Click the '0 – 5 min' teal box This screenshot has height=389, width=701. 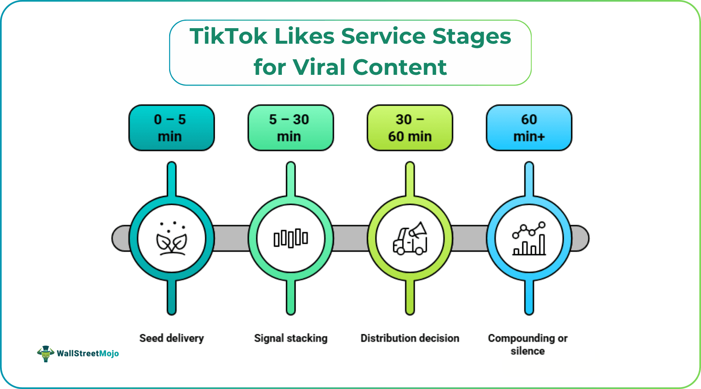(171, 128)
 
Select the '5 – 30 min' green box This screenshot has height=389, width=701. (290, 128)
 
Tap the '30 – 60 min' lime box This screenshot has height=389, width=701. (410, 128)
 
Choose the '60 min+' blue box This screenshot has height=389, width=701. (529, 128)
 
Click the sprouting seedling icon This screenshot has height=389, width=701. (171, 239)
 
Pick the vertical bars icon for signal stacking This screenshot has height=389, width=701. (291, 238)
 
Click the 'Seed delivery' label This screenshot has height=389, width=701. (171, 338)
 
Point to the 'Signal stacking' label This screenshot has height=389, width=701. (291, 338)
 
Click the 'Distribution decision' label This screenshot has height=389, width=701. (410, 338)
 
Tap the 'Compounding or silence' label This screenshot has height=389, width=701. (528, 344)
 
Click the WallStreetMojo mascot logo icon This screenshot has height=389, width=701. (46, 353)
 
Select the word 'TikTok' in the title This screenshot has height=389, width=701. (228, 36)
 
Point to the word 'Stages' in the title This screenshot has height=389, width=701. (472, 36)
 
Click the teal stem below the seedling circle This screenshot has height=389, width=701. (171, 296)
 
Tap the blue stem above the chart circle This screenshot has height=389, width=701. (529, 180)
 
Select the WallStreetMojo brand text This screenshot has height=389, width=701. (88, 353)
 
